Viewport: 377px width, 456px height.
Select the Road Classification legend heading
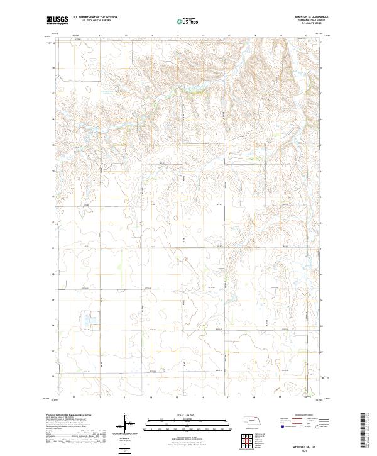[300, 416]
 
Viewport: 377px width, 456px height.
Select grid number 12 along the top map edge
[101, 36]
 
